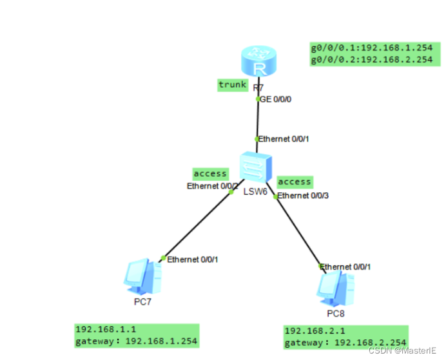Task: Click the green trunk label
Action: [232, 85]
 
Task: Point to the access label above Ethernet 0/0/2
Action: [210, 174]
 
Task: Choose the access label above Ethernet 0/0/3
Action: [295, 182]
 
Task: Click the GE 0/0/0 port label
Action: [274, 99]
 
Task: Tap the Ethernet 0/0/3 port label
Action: [302, 195]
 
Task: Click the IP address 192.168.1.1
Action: [102, 328]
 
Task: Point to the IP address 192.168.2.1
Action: [311, 331]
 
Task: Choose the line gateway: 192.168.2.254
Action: [345, 342]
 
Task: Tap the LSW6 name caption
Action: [255, 192]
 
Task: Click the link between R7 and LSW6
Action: [258, 120]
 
